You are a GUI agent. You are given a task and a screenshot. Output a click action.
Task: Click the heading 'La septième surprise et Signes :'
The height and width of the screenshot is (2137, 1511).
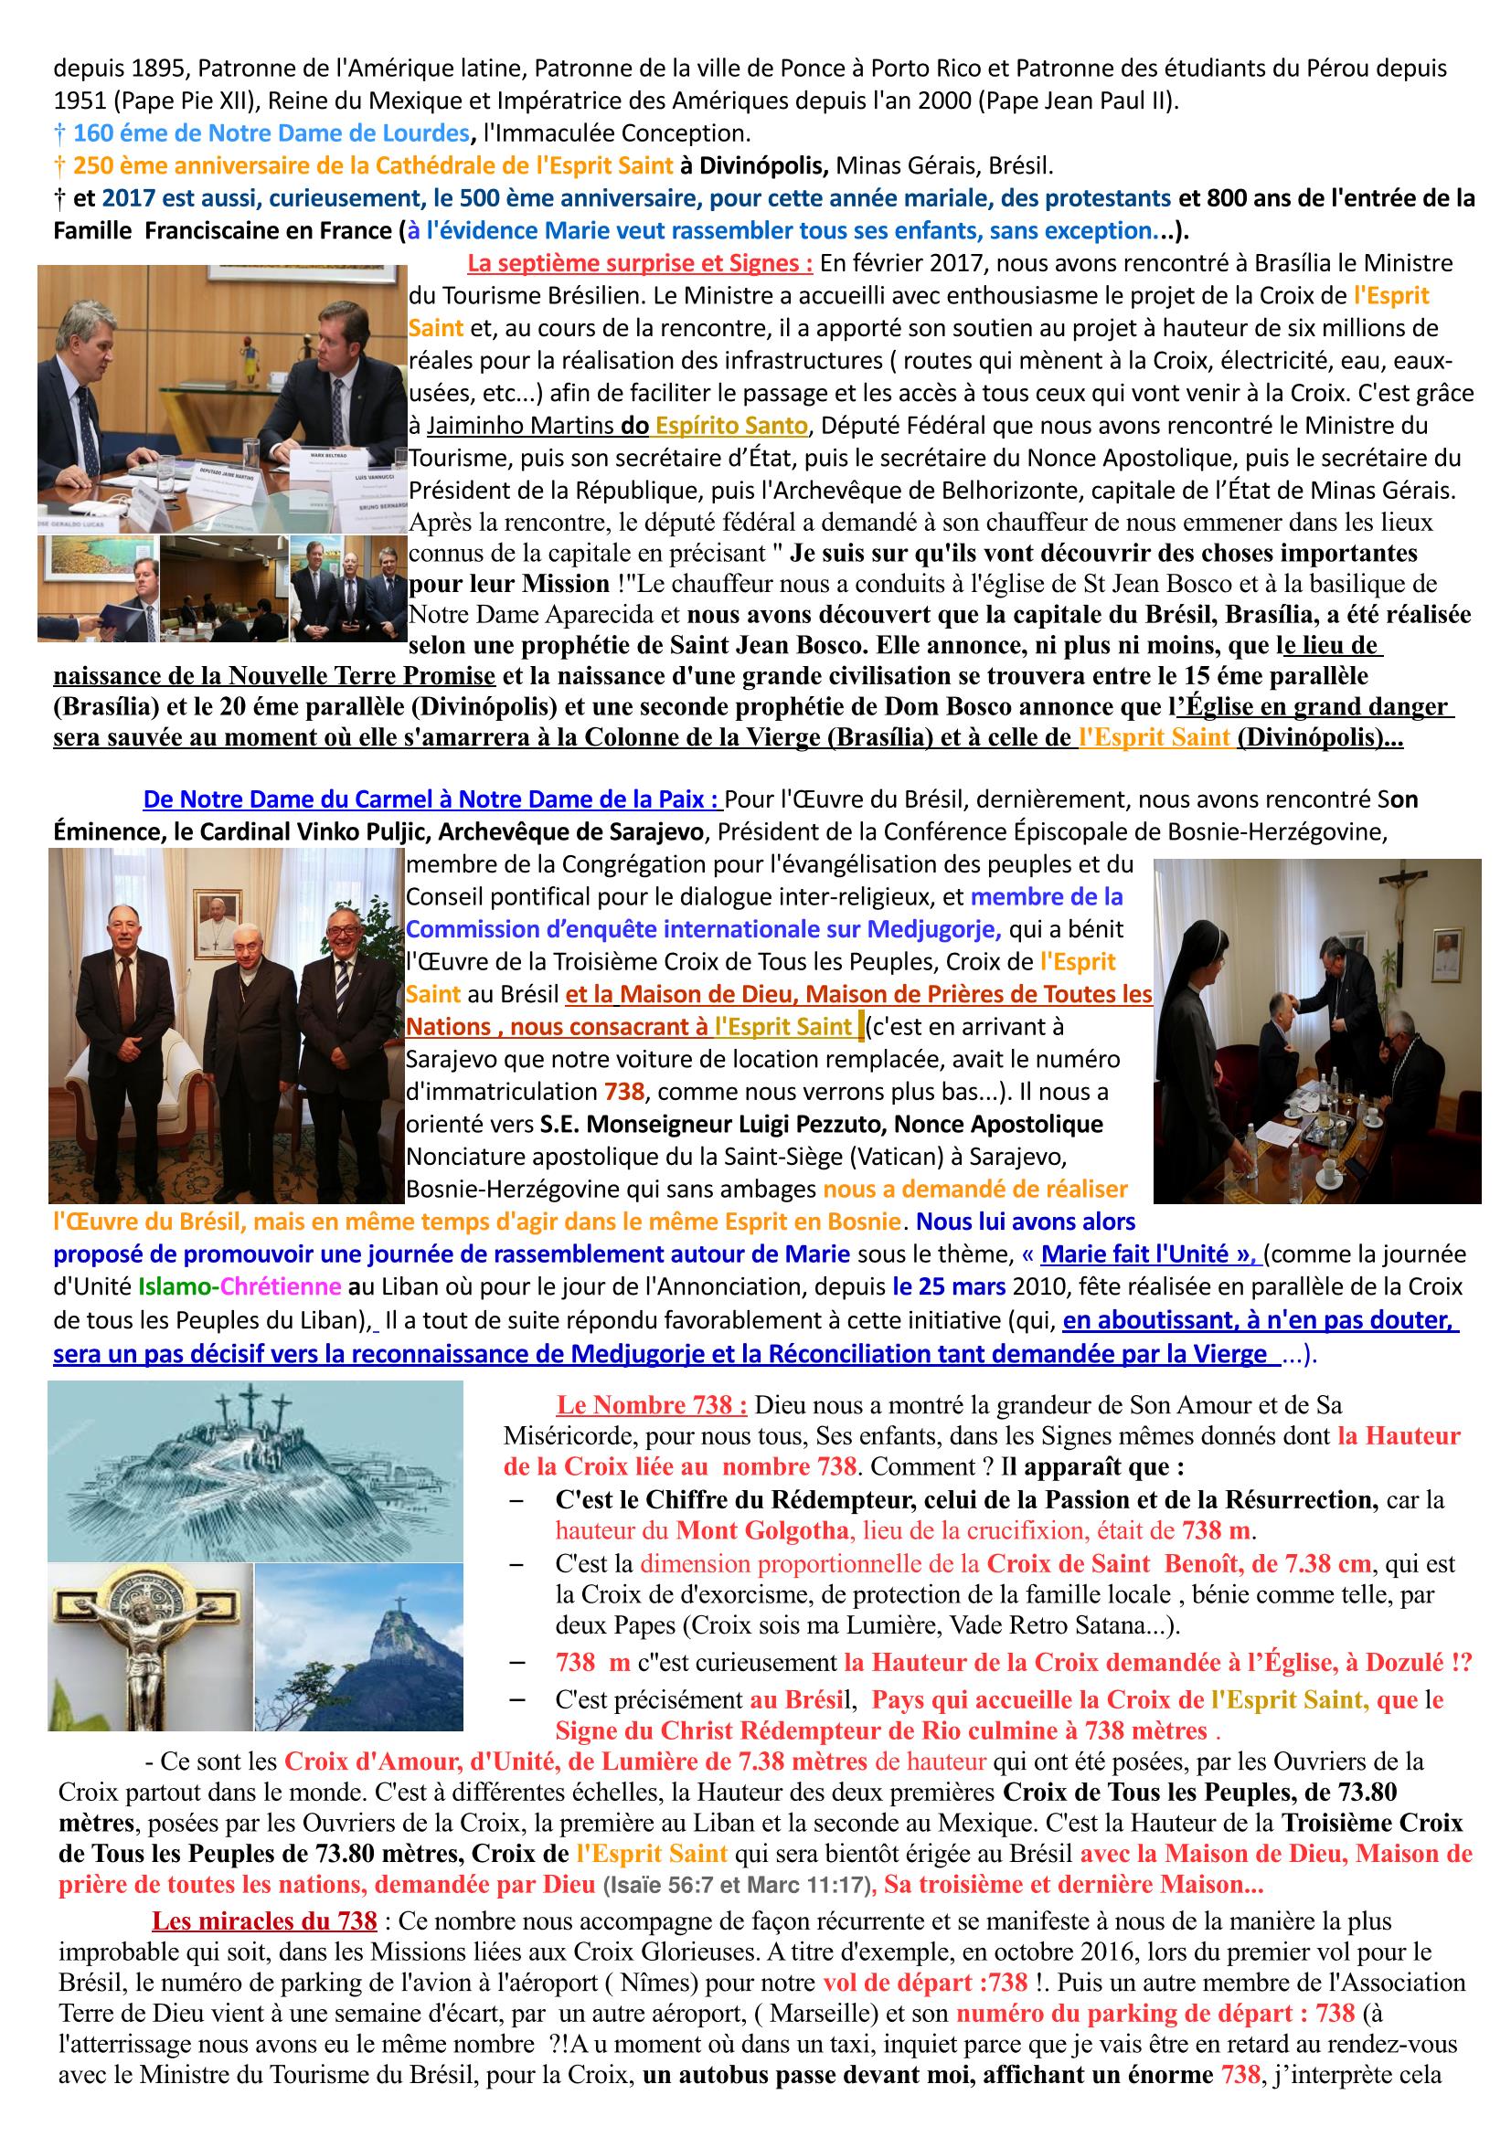[640, 264]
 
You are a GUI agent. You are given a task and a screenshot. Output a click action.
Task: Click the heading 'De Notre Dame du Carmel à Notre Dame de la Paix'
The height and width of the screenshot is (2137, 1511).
[432, 799]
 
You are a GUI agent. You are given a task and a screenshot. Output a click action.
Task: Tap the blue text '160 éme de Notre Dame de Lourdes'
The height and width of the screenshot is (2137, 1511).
[271, 133]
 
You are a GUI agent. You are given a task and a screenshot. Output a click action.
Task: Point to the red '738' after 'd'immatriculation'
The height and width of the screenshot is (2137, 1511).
[623, 1092]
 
